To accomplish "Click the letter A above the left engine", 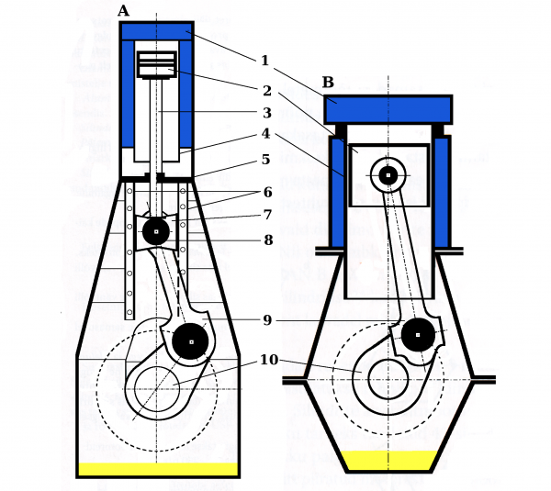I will click(x=124, y=11).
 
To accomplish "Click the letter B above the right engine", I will click(x=328, y=83).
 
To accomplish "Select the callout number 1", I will click(x=264, y=61).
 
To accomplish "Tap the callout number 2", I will click(x=266, y=90).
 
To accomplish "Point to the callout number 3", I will click(x=266, y=113).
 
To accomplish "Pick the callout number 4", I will click(x=265, y=134).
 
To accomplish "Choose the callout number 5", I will click(x=265, y=159).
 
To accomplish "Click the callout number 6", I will click(x=267, y=194).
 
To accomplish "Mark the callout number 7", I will click(x=267, y=215).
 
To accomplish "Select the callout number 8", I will click(x=267, y=240).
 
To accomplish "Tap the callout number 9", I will click(x=267, y=320).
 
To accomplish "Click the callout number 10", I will click(x=268, y=360).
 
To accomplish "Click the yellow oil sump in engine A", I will click(x=157, y=469).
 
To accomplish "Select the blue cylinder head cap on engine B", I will click(x=388, y=109).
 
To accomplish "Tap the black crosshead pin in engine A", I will click(x=156, y=231).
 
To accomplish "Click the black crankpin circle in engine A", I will click(x=191, y=341).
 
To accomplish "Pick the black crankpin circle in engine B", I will click(x=418, y=335).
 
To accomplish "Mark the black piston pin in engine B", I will click(x=388, y=174).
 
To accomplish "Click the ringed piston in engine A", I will click(x=156, y=64).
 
